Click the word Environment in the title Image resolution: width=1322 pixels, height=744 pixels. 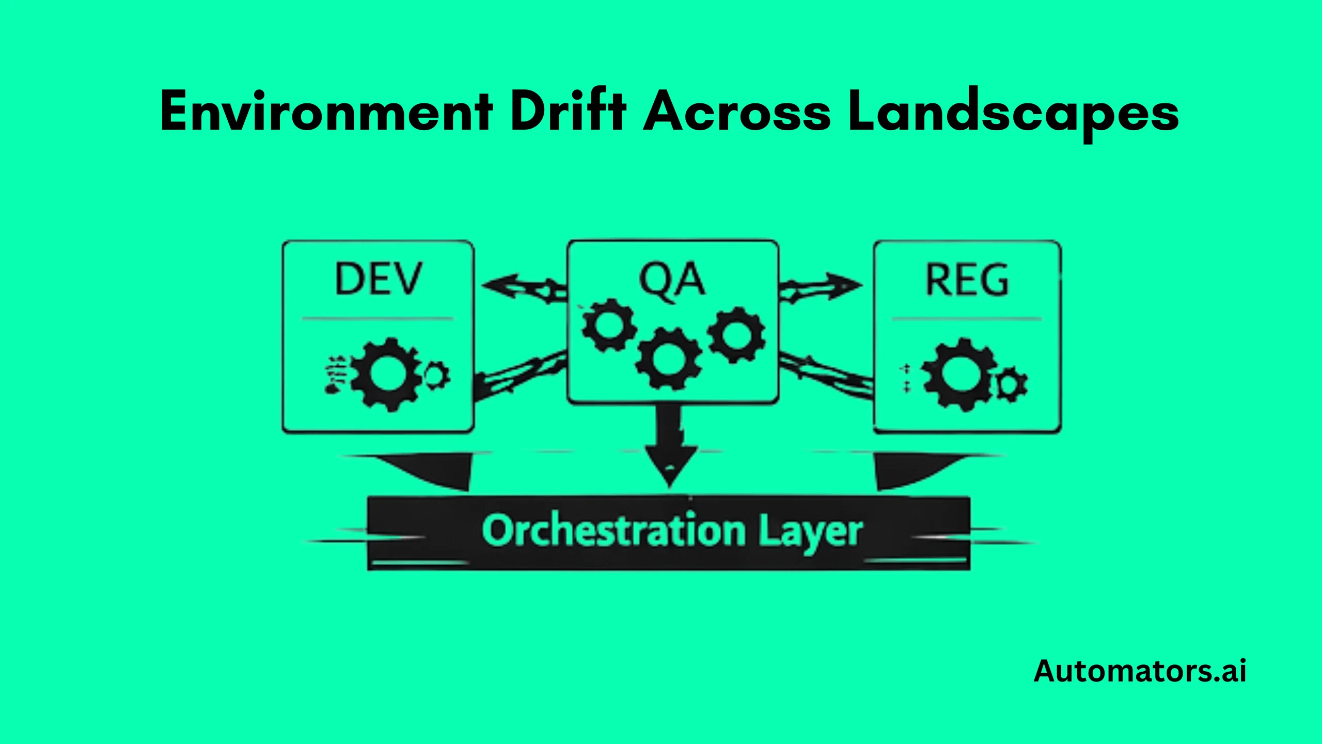326,112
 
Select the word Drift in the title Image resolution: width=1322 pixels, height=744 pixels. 569,111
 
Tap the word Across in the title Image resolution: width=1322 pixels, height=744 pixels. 737,112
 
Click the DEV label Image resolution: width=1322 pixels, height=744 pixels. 379,280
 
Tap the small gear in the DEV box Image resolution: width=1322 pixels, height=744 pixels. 436,376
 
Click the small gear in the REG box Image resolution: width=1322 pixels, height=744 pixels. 1010,384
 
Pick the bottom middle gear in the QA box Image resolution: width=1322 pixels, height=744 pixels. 669,358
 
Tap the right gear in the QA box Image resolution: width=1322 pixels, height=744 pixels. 736,334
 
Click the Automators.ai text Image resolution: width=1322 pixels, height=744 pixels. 1140,671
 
